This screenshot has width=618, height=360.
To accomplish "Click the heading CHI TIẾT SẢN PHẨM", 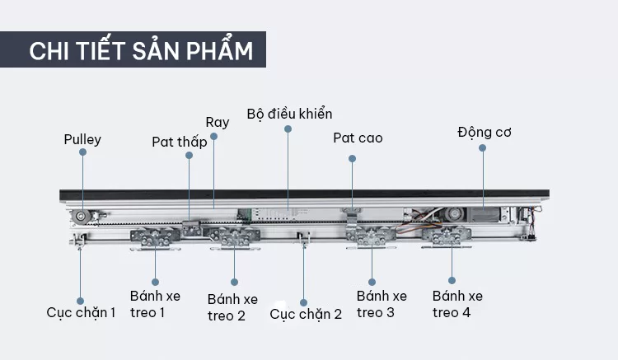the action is pyautogui.click(x=141, y=50).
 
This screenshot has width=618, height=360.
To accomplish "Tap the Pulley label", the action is pyautogui.click(x=82, y=139).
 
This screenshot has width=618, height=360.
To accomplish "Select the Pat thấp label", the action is pyautogui.click(x=180, y=142).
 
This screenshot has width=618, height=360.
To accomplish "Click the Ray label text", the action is pyautogui.click(x=218, y=122).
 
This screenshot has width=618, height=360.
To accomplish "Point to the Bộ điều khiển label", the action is pyautogui.click(x=289, y=114).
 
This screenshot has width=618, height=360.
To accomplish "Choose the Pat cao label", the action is pyautogui.click(x=358, y=138).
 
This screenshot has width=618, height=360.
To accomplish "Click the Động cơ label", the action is pyautogui.click(x=485, y=133).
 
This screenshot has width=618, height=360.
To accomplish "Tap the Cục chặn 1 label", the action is pyautogui.click(x=81, y=312).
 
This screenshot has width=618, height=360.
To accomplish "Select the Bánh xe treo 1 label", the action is pyautogui.click(x=155, y=304).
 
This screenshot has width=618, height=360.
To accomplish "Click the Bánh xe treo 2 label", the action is pyautogui.click(x=232, y=307).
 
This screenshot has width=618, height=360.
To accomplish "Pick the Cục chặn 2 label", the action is pyautogui.click(x=306, y=314).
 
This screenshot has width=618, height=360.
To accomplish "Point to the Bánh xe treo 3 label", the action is pyautogui.click(x=382, y=304).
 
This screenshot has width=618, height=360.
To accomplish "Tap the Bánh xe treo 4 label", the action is pyautogui.click(x=457, y=304).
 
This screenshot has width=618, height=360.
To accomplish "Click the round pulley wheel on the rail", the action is pyautogui.click(x=81, y=217).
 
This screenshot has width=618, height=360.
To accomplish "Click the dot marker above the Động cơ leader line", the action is pyautogui.click(x=482, y=147).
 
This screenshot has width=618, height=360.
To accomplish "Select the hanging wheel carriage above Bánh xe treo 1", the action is pyautogui.click(x=155, y=239).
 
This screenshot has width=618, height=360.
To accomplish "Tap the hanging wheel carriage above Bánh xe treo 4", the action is pyautogui.click(x=447, y=237).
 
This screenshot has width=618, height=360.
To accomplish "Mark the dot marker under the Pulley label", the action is pyautogui.click(x=82, y=152).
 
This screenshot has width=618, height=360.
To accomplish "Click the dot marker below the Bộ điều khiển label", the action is pyautogui.click(x=288, y=129).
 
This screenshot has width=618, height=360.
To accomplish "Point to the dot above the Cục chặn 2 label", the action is pyautogui.click(x=303, y=302).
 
